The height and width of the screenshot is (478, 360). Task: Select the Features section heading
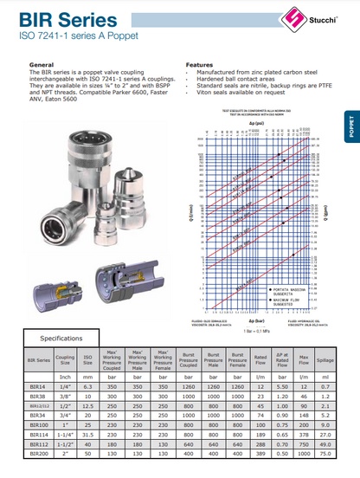tap(199, 65)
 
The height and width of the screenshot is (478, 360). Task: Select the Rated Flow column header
tap(260, 358)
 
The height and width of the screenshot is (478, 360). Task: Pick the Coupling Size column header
tap(64, 358)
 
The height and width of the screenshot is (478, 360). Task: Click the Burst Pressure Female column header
tap(235, 358)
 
